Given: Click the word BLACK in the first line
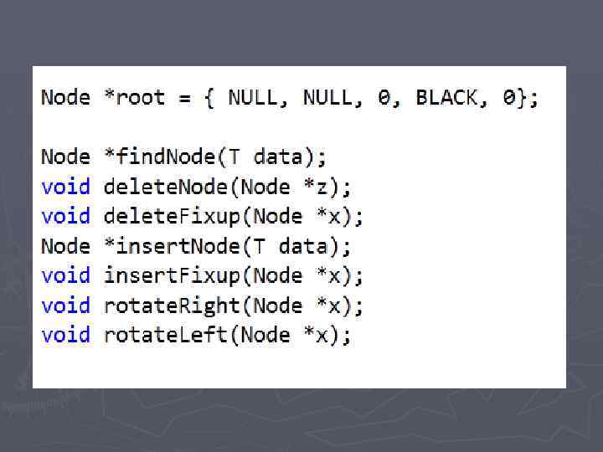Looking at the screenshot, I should click(x=447, y=98).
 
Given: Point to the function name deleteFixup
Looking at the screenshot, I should click(x=173, y=217).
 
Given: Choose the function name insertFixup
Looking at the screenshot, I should click(x=172, y=275).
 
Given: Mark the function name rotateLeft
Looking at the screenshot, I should click(x=166, y=335).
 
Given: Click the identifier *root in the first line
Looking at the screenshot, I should click(x=134, y=98).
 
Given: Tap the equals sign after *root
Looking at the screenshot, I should click(x=183, y=98).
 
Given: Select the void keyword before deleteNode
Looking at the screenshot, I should click(x=65, y=187).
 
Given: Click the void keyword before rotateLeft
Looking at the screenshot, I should click(x=65, y=335).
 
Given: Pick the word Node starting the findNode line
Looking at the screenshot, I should click(x=65, y=157).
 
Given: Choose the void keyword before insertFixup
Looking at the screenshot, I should click(x=65, y=275).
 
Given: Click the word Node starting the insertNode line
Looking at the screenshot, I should click(x=65, y=246).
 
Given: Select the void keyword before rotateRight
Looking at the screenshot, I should click(x=65, y=306).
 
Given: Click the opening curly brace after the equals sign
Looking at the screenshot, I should click(x=209, y=98).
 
